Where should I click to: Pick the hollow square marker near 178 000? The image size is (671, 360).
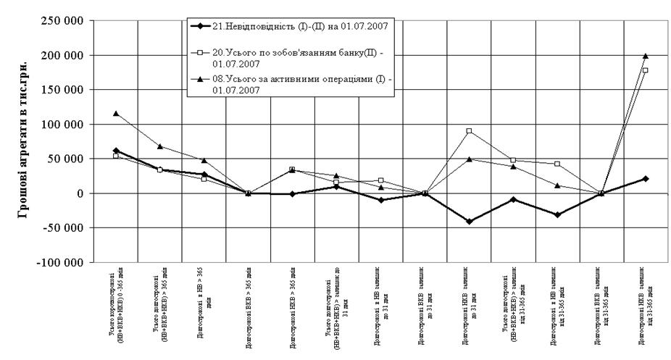(645, 70)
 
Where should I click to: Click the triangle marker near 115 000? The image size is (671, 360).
(116, 114)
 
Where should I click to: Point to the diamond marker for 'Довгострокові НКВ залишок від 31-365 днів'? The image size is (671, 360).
(645, 178)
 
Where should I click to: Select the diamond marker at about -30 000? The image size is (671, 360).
(557, 214)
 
